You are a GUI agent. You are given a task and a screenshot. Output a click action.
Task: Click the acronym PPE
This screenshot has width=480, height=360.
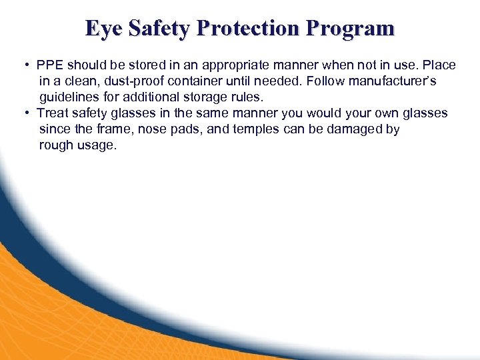point(49,65)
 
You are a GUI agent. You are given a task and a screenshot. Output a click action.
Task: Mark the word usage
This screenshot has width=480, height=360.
point(98,145)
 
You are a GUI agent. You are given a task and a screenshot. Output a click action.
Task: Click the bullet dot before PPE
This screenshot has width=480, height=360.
point(25,65)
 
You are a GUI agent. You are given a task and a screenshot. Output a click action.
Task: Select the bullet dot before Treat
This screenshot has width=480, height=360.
point(25,113)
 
